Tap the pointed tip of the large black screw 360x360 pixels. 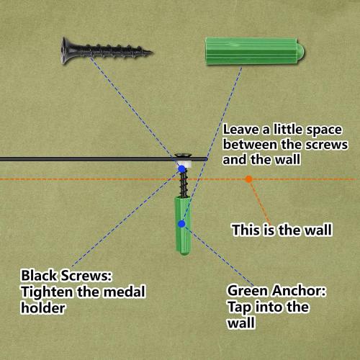pos(152,52)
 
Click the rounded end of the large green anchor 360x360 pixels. pos(301,53)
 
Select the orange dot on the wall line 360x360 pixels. pos(249,179)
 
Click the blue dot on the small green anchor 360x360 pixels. pos(181,224)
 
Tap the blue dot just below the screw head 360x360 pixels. pos(181,168)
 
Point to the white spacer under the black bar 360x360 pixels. pos(184,165)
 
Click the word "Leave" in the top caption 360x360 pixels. pos(240,130)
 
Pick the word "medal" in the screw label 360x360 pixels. pos(125,292)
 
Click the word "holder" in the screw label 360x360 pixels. pos(42,307)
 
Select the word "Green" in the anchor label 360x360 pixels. pos(248,291)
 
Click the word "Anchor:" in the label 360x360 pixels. pos(300,291)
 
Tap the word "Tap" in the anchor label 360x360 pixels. pos(239,307)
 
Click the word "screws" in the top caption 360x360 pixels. pos(327,145)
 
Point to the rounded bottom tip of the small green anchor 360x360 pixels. pos(184,253)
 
